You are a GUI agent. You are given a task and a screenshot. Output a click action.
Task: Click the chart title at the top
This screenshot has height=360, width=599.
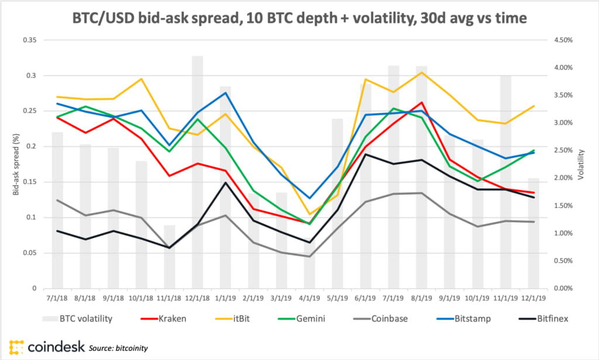tap(299, 18)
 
